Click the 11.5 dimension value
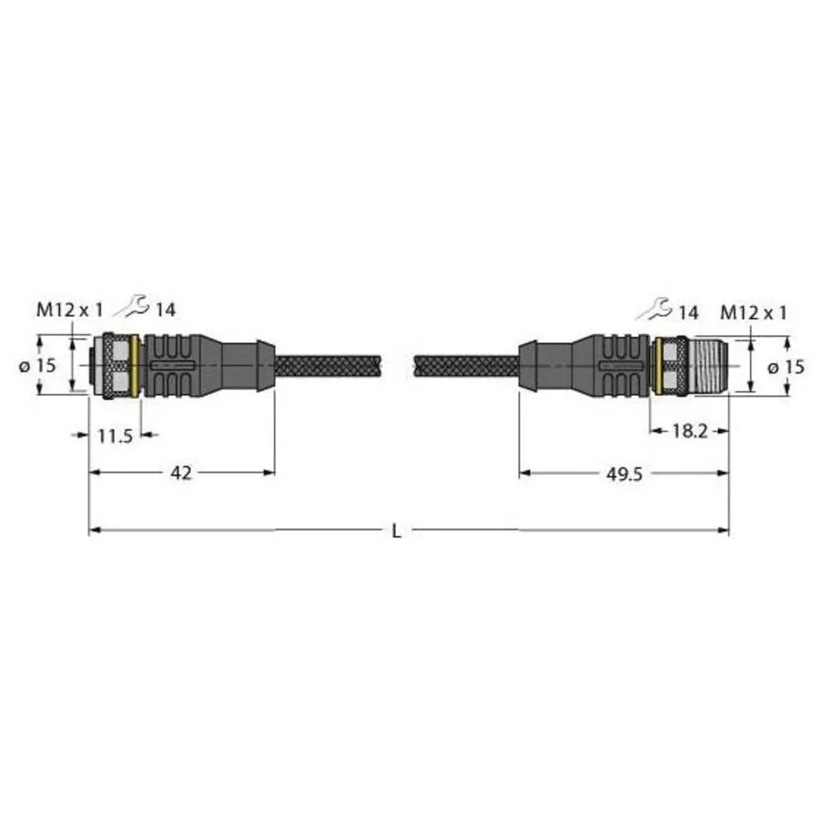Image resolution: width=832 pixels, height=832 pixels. click(x=115, y=435)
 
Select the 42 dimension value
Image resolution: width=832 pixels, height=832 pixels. click(x=181, y=473)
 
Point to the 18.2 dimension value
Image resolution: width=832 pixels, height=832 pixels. click(x=689, y=431)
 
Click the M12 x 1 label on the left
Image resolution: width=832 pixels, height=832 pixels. click(x=69, y=310)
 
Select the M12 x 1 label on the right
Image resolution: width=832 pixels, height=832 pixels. click(x=753, y=313)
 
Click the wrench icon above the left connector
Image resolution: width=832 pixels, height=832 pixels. click(x=131, y=307)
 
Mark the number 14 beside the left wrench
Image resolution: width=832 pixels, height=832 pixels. click(x=166, y=310)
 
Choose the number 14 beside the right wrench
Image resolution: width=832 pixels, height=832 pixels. click(x=687, y=313)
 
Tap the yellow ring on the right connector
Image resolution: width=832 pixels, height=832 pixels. click(x=657, y=366)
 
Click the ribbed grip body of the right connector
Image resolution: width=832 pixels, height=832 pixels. click(x=620, y=366)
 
